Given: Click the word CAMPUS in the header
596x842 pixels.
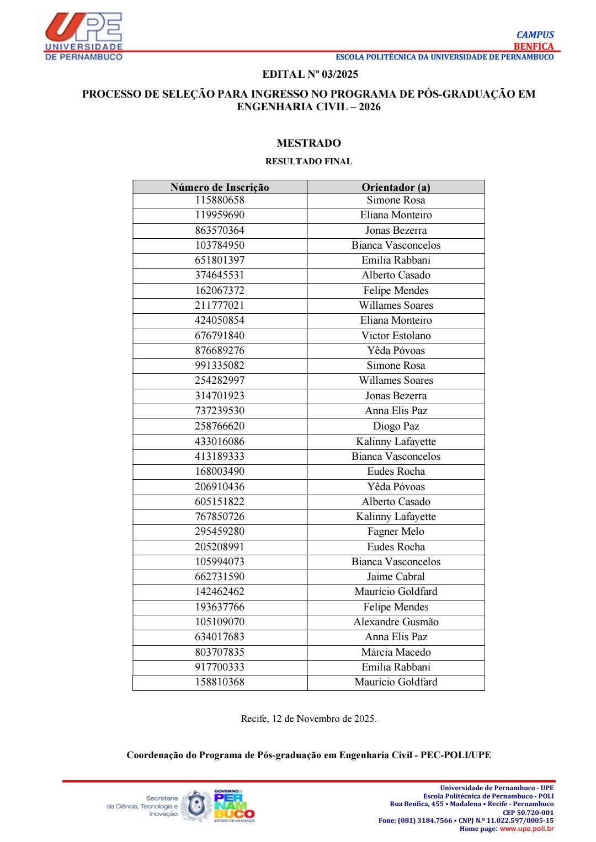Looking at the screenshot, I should click(x=535, y=35).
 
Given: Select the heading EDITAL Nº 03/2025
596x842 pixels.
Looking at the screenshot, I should click(x=310, y=74).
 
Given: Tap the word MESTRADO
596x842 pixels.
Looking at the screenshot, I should click(x=308, y=143).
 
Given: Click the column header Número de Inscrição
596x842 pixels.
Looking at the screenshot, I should click(x=220, y=187).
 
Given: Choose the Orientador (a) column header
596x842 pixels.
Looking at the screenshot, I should click(x=396, y=187).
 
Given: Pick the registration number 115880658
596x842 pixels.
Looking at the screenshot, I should click(x=220, y=200).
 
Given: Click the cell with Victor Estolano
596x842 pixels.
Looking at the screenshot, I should click(x=396, y=336).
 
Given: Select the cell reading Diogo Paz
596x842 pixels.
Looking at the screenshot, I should click(x=396, y=426).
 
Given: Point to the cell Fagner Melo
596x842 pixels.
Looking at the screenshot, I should click(x=396, y=532).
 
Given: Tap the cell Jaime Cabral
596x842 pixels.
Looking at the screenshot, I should click(x=396, y=577).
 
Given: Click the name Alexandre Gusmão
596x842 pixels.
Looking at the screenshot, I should click(x=396, y=622).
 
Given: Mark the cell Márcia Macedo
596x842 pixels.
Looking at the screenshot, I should click(x=396, y=652).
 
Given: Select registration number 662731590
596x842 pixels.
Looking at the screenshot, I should click(x=220, y=577).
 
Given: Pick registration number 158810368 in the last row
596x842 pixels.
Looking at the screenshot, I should click(x=220, y=682).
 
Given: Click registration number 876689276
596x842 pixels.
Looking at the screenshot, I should click(x=220, y=351).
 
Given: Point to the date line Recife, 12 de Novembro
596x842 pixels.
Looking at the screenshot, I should click(x=308, y=719).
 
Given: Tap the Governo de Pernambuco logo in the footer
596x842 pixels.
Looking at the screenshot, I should click(x=233, y=806).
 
